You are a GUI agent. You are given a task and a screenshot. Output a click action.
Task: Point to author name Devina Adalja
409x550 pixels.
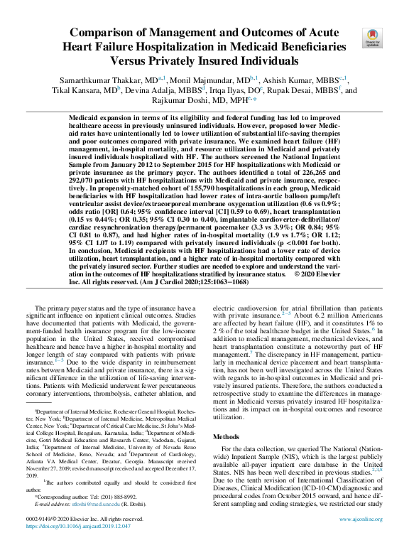click(165, 90)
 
